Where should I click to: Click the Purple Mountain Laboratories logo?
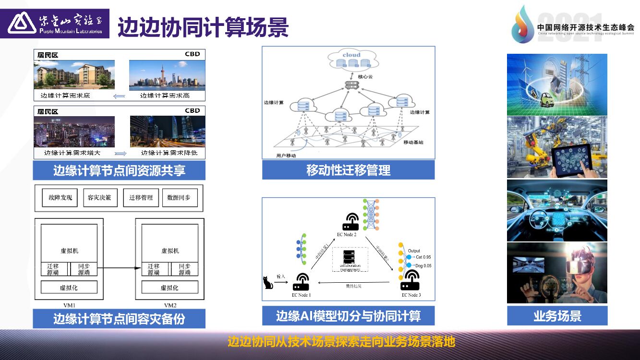pyautogui.click(x=55, y=24)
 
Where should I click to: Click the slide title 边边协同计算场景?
pyautogui.click(x=203, y=27)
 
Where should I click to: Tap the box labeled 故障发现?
pyautogui.click(x=60, y=198)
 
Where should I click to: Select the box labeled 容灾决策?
pyautogui.click(x=100, y=198)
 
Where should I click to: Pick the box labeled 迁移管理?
pyautogui.click(x=141, y=198)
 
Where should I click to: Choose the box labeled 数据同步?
pyautogui.click(x=180, y=198)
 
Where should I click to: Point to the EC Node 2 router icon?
pyautogui.click(x=350, y=222)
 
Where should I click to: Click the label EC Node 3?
pyautogui.click(x=411, y=295)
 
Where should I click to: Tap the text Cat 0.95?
pyautogui.click(x=423, y=257)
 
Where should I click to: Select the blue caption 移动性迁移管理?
pyautogui.click(x=348, y=170)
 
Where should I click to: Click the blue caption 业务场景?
pyautogui.click(x=557, y=316)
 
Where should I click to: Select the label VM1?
pyautogui.click(x=70, y=305)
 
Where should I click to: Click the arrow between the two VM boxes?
pyautogui.click(x=120, y=268)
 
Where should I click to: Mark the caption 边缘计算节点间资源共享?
pyautogui.click(x=119, y=170)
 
